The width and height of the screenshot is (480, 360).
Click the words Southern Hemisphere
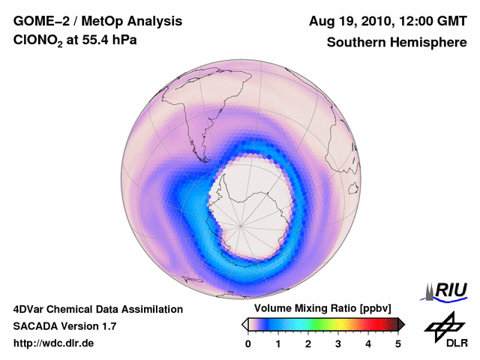coord(397,42)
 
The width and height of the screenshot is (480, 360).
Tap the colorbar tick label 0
coord(248,343)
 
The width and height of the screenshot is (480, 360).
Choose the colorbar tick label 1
coord(278,343)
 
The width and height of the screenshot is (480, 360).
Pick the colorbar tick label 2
coord(308,343)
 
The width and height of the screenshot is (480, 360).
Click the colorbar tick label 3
coord(338,343)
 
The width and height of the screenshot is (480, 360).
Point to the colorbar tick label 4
coord(368,343)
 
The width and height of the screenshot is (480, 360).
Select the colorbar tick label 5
coord(398,343)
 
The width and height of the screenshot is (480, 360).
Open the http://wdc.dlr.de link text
coord(54,343)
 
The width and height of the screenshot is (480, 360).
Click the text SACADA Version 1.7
coord(64,326)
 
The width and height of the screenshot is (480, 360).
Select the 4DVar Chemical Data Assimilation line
coord(97,309)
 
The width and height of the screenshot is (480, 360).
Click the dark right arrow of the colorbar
coord(401,324)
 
